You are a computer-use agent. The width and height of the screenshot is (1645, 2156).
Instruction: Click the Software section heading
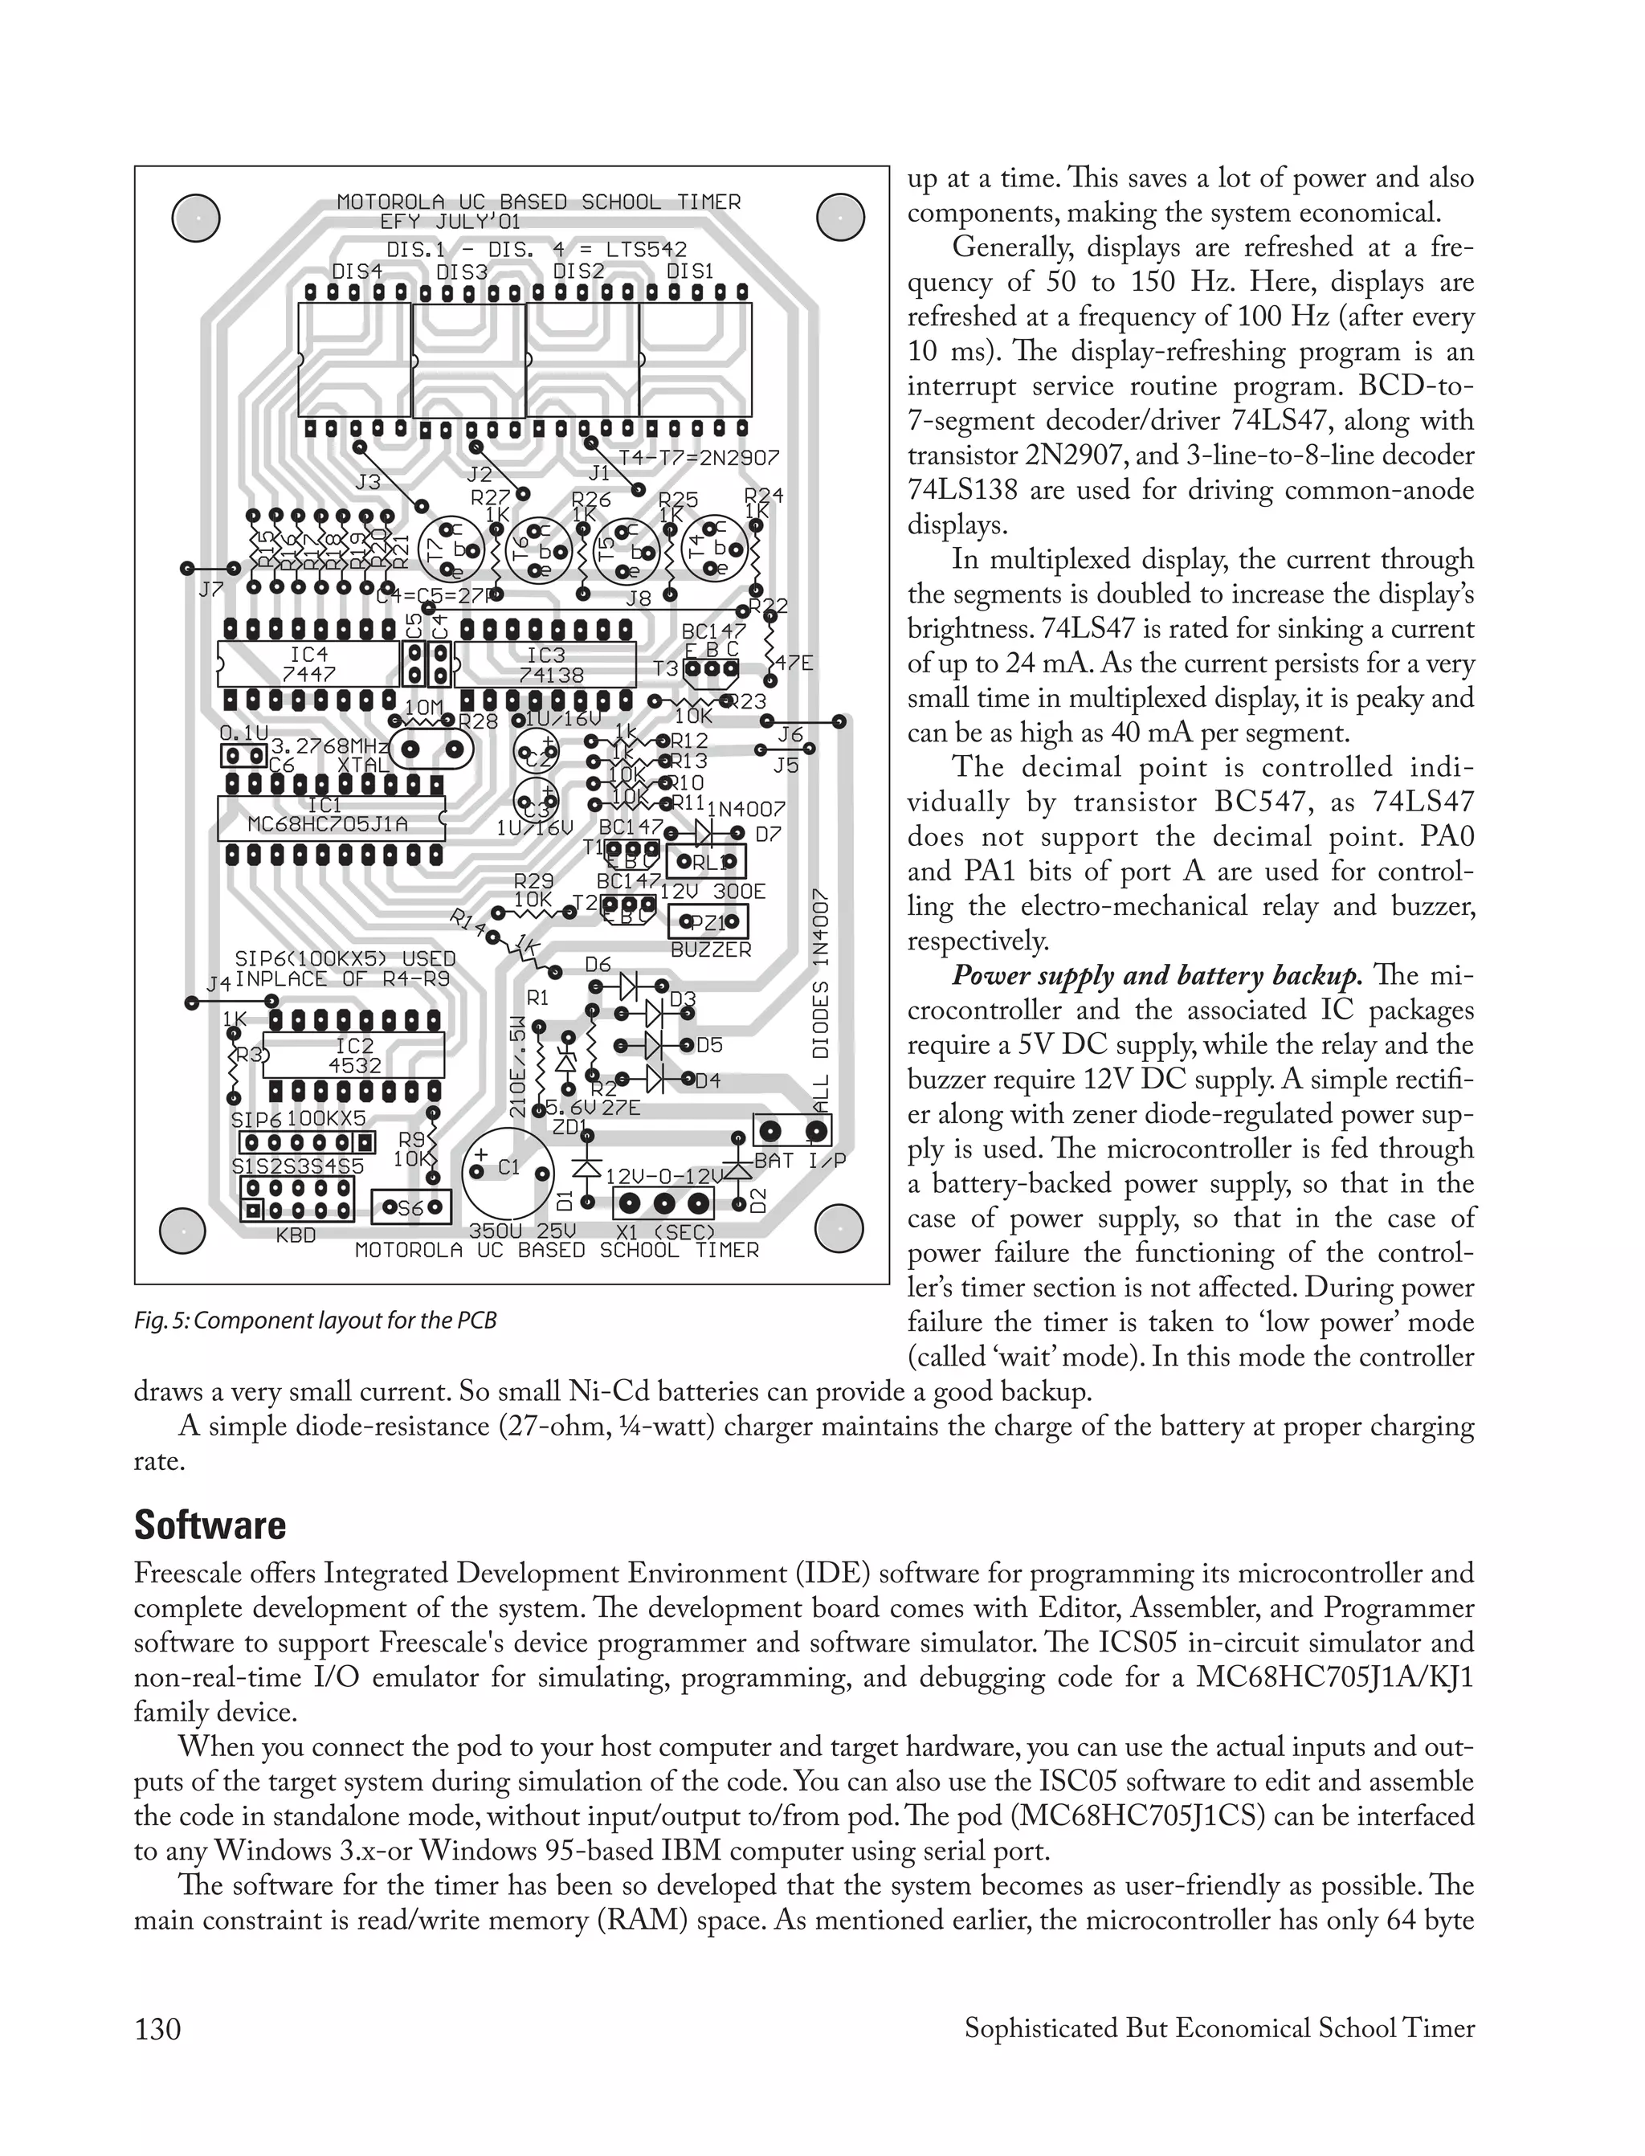coord(210,1525)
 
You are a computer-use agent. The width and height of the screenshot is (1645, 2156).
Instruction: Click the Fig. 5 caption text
coord(316,1321)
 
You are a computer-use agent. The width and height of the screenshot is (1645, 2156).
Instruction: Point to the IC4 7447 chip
coord(308,664)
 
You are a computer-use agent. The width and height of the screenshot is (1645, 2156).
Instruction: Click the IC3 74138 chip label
coord(550,666)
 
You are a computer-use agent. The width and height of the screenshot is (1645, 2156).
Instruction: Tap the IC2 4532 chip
coord(354,1056)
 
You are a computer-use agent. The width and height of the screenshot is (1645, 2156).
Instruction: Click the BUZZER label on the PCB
coord(711,949)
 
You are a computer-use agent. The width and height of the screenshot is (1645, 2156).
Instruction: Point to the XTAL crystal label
coord(363,765)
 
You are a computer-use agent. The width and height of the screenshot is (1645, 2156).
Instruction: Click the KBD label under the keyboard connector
coord(296,1235)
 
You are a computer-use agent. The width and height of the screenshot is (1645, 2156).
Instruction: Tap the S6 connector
coord(412,1208)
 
